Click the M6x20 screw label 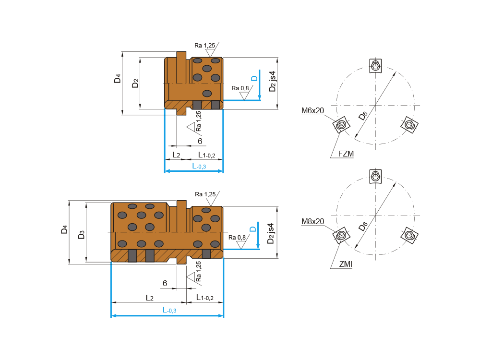click(x=312, y=111)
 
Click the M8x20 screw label click(x=312, y=221)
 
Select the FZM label click(x=346, y=154)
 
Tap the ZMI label click(x=345, y=264)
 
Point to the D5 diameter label click(x=362, y=115)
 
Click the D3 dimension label click(x=81, y=235)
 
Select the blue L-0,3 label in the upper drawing click(x=199, y=166)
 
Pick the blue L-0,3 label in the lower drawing click(x=169, y=310)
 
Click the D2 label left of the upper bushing click(x=135, y=83)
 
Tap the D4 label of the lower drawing click(x=64, y=229)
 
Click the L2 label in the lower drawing click(x=150, y=298)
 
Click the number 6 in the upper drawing click(x=200, y=141)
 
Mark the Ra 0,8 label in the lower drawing click(x=237, y=238)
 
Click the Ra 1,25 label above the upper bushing click(x=204, y=46)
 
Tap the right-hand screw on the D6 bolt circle click(x=408, y=235)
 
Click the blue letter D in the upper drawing click(x=254, y=78)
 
